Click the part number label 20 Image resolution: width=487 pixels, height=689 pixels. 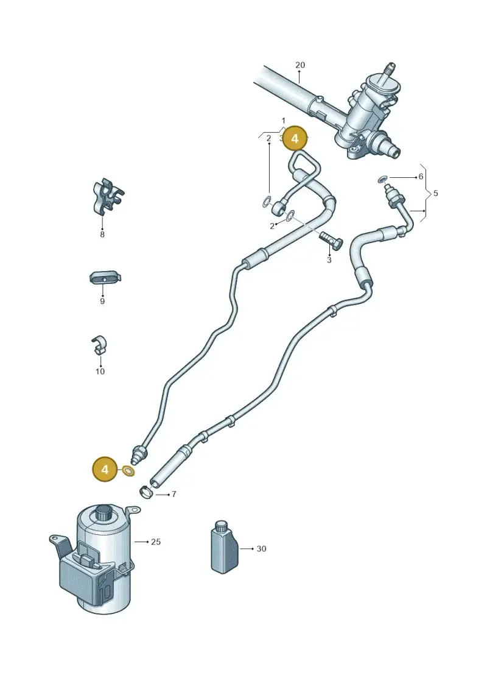[300, 65]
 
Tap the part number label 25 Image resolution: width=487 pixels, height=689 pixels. [156, 542]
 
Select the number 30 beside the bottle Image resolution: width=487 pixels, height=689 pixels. [261, 549]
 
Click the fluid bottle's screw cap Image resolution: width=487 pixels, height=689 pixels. [221, 527]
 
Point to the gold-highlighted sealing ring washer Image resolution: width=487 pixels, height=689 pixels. [128, 472]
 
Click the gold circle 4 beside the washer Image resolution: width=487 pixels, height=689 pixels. [105, 469]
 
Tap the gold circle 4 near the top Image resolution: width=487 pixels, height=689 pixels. [295, 138]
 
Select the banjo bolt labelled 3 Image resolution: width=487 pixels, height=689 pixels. [331, 241]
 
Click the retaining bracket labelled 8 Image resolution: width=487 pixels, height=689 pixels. [108, 196]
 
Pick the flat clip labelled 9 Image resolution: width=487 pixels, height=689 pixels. [105, 278]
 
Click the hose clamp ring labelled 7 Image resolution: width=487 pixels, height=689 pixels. [145, 491]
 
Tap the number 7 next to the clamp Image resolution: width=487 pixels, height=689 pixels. [174, 494]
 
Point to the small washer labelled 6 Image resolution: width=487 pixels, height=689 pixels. [382, 178]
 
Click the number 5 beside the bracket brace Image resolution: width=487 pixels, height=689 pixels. [436, 193]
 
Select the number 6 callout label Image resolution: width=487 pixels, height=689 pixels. [421, 177]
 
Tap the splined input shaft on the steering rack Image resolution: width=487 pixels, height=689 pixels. [390, 71]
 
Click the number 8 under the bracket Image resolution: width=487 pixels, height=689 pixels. [102, 235]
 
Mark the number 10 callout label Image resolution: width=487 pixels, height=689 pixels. [100, 371]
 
